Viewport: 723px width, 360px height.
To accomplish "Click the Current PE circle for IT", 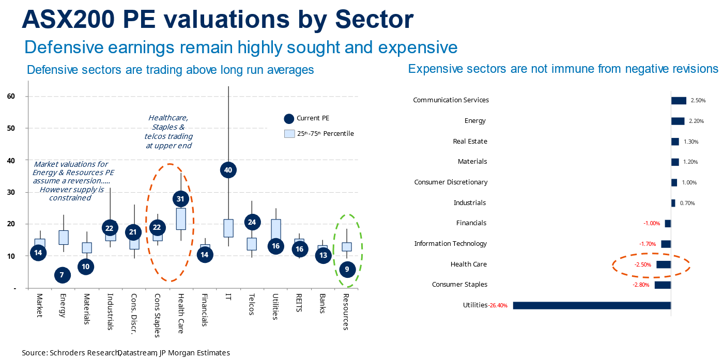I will pos(228,169).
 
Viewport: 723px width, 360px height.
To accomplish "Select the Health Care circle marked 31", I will pos(180,198).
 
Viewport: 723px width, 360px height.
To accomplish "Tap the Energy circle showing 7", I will pos(62,275).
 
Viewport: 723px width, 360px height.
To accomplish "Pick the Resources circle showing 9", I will pos(347,269).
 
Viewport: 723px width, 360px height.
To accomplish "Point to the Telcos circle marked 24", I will pos(252,223).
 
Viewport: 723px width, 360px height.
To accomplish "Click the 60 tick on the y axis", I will pos(11,96).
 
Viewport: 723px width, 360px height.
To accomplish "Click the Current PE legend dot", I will pos(289,119).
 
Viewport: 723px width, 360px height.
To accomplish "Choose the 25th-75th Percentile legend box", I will pos(289,134).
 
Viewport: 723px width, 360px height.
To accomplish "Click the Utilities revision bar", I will pos(591,305).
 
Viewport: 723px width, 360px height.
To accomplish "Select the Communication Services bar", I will pos(679,101).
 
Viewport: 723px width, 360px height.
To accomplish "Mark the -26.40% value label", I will pos(498,305).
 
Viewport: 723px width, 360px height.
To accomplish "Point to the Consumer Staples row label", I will pos(459,285).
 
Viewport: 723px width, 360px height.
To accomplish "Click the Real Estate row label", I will pos(470,142).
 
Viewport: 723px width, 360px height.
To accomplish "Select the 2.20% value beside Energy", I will pos(697,121).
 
